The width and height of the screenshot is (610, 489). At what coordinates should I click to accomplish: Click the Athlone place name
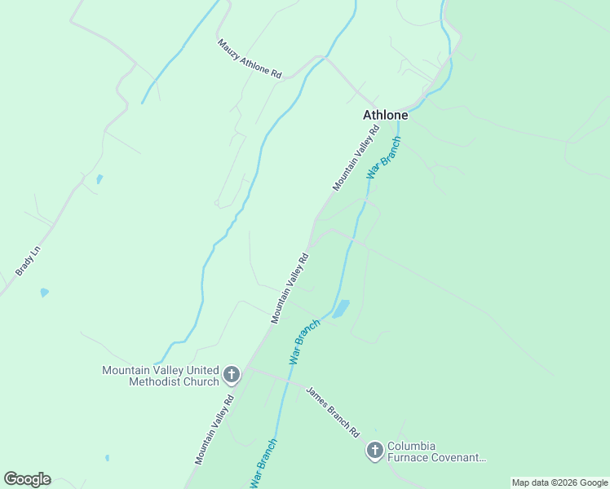(385, 116)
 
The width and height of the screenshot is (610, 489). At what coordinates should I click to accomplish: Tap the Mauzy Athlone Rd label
(249, 59)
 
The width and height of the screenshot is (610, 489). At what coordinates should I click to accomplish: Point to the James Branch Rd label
(333, 412)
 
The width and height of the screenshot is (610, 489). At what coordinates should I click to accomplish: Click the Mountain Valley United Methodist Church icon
(232, 376)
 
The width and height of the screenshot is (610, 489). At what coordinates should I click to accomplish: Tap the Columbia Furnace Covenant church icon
(374, 450)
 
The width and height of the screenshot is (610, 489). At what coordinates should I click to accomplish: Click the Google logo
(27, 479)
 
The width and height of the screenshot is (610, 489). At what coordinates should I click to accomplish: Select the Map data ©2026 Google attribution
(559, 482)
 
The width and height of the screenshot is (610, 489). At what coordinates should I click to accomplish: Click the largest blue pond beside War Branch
(340, 308)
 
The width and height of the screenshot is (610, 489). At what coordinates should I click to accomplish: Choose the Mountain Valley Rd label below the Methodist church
(214, 430)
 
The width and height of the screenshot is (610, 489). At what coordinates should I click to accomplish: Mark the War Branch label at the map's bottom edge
(263, 465)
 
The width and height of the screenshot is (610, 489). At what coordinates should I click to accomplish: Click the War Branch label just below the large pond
(304, 341)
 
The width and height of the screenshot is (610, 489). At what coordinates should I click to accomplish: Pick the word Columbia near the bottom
(411, 447)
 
